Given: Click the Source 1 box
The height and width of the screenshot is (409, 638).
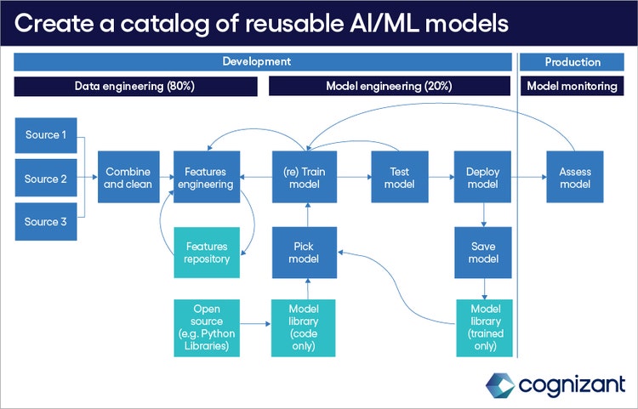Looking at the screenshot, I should tap(46, 135).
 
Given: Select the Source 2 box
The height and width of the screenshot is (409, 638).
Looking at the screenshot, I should tap(46, 179).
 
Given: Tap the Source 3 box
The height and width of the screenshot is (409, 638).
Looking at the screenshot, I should tap(46, 222).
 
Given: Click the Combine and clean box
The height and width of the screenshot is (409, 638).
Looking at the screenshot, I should tap(128, 178).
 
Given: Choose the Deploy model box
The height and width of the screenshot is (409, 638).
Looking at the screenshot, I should tap(482, 178).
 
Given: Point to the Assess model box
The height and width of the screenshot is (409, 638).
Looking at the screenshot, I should tap(575, 178).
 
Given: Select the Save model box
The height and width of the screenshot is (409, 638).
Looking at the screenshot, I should tap(482, 253).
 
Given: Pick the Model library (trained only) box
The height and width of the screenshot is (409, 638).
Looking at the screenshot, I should tap(482, 327).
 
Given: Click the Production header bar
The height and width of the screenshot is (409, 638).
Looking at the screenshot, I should tap(572, 62).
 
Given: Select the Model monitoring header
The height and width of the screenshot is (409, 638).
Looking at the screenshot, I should tap(572, 86).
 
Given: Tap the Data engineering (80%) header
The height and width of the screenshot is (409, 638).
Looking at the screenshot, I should tap(135, 86).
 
